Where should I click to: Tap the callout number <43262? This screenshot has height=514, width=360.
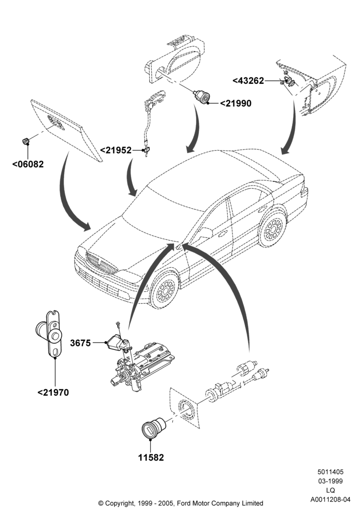(x=248, y=81)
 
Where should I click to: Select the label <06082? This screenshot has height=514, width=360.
(x=28, y=164)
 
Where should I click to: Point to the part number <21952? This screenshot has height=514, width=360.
(x=115, y=150)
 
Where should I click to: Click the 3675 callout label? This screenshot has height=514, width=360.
(x=80, y=343)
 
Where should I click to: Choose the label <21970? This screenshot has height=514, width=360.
(x=53, y=392)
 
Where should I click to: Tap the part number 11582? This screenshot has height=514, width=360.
(x=151, y=457)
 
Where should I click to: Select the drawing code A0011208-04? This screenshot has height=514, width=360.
(x=330, y=500)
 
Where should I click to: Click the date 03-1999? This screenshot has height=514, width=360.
(x=330, y=481)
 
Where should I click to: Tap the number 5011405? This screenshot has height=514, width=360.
(x=330, y=472)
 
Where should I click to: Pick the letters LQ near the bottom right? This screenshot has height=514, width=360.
(x=330, y=490)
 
